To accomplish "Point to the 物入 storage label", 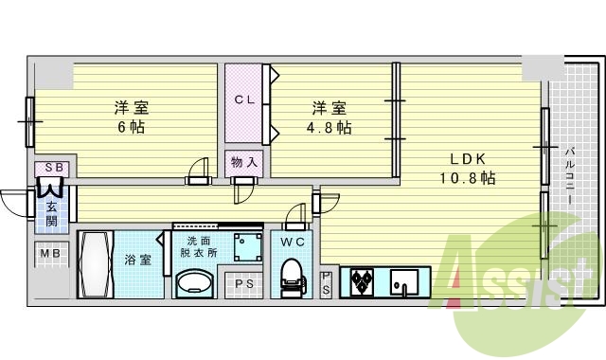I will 244,162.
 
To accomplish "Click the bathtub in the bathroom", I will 98,265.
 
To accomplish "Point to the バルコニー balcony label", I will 571,180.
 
